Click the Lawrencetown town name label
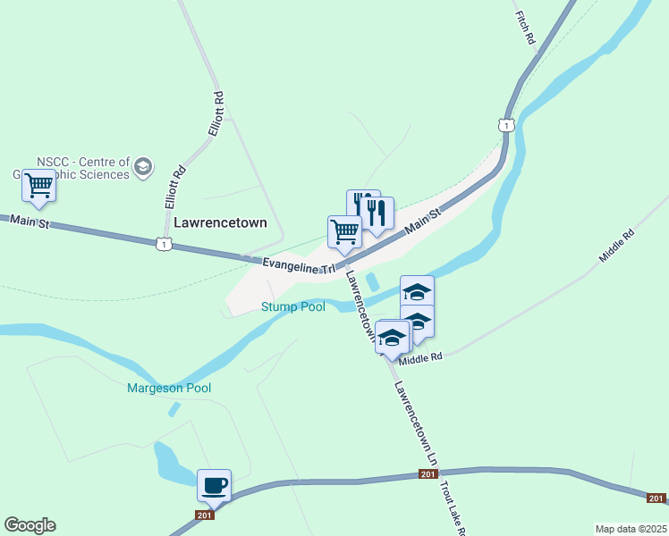click(x=220, y=222)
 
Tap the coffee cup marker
click(x=215, y=485)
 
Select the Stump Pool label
click(x=292, y=307)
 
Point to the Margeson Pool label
click(x=169, y=388)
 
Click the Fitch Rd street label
click(x=524, y=28)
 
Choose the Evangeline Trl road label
click(x=299, y=264)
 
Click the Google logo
click(x=30, y=525)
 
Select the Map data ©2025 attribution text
click(x=631, y=529)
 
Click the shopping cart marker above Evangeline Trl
click(x=344, y=231)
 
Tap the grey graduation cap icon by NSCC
click(x=143, y=167)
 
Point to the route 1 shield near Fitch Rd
click(x=506, y=126)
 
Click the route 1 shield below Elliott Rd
click(x=163, y=243)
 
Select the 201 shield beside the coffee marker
click(x=204, y=515)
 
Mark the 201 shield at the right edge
click(x=656, y=498)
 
